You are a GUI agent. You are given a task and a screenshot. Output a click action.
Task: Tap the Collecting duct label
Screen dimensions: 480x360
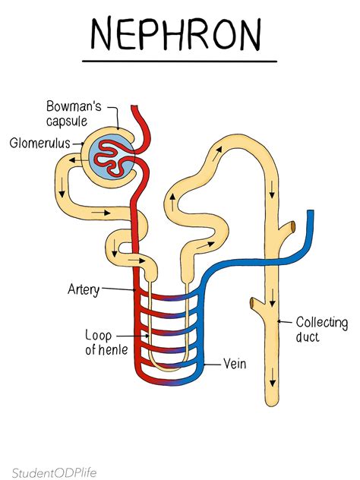[321, 330]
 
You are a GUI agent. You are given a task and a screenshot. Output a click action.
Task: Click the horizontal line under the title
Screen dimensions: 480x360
[179, 61]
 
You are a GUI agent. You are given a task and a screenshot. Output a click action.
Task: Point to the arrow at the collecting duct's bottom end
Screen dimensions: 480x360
[272, 374]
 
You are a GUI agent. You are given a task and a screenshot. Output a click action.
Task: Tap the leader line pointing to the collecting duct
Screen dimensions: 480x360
[286, 322]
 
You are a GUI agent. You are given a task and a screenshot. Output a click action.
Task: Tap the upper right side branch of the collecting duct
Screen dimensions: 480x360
[289, 227]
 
